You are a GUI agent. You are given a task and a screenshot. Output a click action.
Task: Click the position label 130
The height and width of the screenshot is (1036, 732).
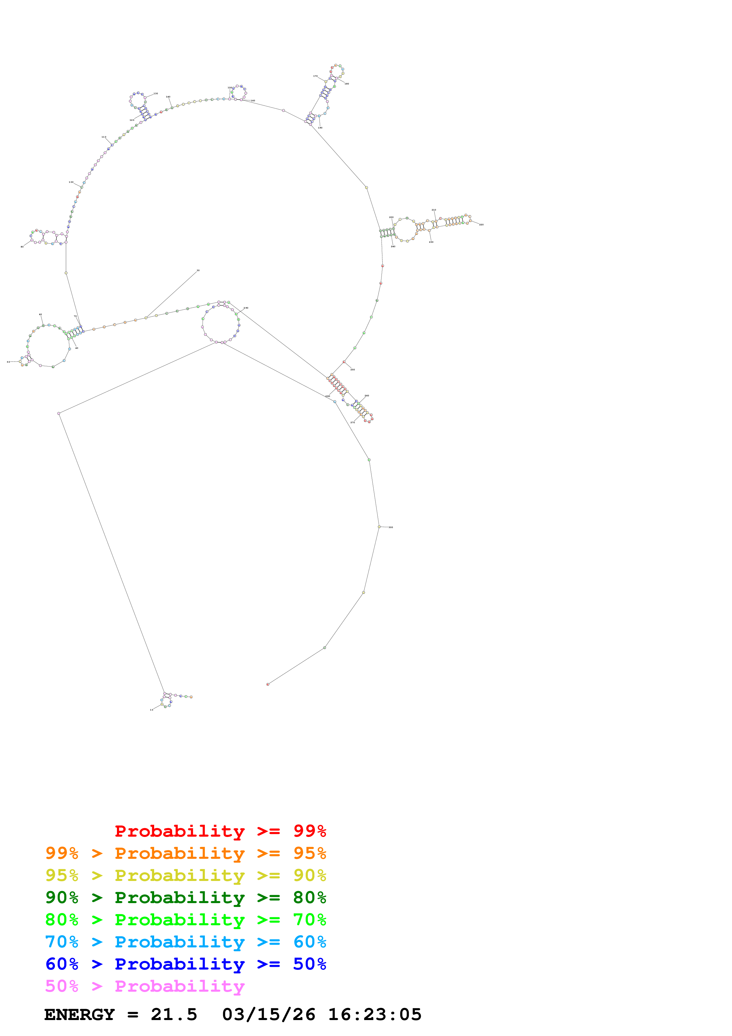(x=156, y=93)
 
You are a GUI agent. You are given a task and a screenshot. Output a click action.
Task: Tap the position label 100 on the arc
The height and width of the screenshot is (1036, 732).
(x=71, y=182)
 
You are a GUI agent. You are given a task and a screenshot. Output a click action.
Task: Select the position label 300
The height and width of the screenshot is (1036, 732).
(x=391, y=527)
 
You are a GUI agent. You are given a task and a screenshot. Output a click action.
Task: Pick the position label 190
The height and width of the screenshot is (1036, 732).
(x=320, y=128)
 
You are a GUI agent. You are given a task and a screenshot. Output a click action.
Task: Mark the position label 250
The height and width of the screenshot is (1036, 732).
(x=353, y=369)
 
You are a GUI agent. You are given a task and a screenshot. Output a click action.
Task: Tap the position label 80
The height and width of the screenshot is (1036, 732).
(x=22, y=247)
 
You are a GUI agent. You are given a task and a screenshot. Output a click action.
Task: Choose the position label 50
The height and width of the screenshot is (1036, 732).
(x=8, y=362)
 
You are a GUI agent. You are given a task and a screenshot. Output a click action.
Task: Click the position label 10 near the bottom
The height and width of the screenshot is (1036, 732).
(x=151, y=710)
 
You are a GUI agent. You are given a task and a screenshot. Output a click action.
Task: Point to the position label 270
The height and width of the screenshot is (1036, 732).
(x=353, y=422)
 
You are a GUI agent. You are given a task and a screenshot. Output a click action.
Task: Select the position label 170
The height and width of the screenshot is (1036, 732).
(x=315, y=76)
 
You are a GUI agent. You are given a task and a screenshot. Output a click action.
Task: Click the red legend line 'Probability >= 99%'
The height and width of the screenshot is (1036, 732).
(x=220, y=831)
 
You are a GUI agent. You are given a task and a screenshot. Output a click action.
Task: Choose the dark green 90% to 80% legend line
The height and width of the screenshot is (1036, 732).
(x=185, y=897)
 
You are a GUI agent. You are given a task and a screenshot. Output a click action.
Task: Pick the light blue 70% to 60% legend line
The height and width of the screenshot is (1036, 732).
(x=185, y=942)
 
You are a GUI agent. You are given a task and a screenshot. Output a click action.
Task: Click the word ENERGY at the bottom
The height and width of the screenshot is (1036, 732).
(x=79, y=1015)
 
